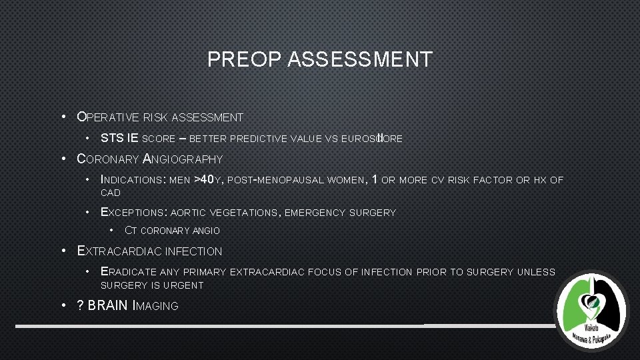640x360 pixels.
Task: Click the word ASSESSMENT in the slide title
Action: (360, 60)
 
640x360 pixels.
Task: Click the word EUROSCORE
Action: (372, 139)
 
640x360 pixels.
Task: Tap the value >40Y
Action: (209, 179)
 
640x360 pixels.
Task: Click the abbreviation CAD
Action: (110, 193)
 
